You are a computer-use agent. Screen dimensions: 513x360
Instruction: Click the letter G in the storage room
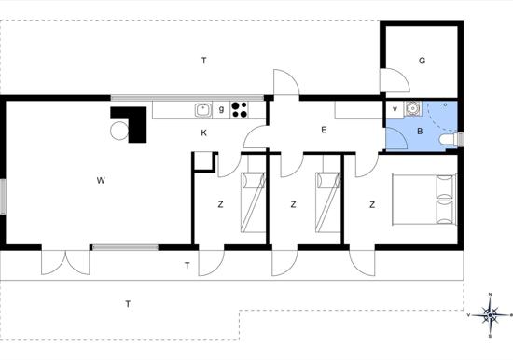coord(422,61)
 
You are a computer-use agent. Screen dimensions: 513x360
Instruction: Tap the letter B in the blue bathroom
coord(420,132)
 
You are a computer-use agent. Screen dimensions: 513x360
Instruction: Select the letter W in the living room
coord(101,180)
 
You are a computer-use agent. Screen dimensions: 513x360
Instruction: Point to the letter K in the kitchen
coord(204,132)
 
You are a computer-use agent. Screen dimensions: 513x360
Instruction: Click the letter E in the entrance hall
coord(324,130)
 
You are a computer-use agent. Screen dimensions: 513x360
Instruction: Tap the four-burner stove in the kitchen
coord(240,110)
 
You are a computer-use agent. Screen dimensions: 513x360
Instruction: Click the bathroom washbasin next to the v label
coord(413,108)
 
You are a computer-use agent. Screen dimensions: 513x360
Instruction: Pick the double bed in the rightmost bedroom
coord(424,200)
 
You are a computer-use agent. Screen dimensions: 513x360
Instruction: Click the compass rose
coord(490,315)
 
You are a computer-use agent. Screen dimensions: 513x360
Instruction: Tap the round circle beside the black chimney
coord(119,131)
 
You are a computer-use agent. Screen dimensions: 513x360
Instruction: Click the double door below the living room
coord(65,262)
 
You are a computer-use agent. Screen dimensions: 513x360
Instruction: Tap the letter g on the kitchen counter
coord(221,110)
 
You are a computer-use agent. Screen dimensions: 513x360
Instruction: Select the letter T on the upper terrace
coord(204,61)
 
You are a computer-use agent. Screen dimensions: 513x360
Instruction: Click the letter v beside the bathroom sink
coord(395,109)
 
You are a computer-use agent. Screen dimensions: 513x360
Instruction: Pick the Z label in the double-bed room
coord(372,205)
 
